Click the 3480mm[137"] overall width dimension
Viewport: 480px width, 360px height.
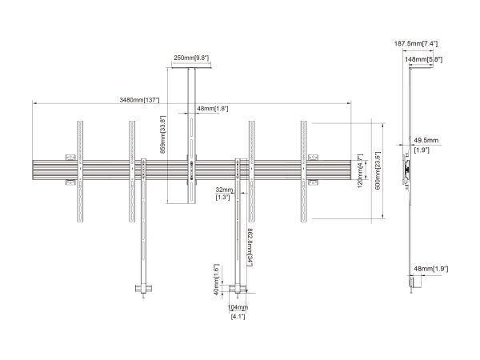139,100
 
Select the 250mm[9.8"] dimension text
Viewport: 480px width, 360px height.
191,58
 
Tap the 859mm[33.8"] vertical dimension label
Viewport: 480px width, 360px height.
163,134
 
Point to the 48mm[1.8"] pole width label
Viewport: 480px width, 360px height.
213,109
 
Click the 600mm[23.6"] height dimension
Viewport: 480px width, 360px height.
378,170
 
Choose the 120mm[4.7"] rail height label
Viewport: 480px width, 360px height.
360,171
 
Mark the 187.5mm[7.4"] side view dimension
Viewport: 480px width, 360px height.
416,44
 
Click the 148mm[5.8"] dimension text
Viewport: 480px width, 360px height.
423,59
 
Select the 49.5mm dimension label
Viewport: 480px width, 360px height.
426,141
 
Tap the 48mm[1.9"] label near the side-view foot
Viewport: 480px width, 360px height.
431,269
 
